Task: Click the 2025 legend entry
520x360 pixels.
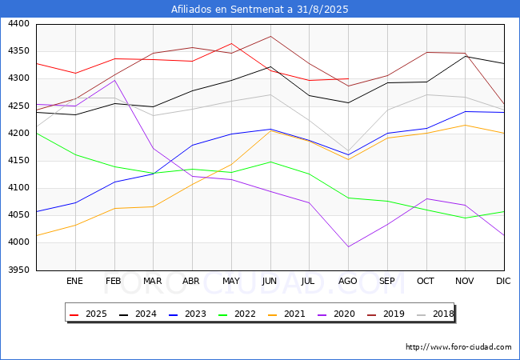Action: point(88,314)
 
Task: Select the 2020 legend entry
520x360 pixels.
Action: point(336,314)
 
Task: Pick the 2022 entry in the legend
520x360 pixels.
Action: point(237,314)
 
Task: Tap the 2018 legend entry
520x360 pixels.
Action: point(435,314)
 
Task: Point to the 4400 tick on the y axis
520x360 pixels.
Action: point(18,24)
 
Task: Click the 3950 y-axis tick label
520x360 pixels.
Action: point(18,270)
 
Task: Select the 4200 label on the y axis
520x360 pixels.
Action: point(18,134)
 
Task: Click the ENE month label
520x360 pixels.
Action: point(74,281)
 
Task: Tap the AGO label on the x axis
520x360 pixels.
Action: point(347,281)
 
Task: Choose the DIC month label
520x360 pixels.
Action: point(503,281)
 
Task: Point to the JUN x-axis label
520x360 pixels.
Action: point(270,281)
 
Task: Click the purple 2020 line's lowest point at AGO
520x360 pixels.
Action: point(348,246)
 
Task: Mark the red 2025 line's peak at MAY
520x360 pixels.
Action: point(231,43)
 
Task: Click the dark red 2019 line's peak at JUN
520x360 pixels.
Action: point(270,36)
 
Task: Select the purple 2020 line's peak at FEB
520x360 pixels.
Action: point(114,80)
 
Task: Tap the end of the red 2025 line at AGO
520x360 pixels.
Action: point(348,79)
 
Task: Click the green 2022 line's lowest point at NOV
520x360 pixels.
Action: point(466,218)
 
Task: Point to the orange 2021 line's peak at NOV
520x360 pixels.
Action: point(466,125)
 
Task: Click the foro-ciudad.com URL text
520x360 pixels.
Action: point(458,347)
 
